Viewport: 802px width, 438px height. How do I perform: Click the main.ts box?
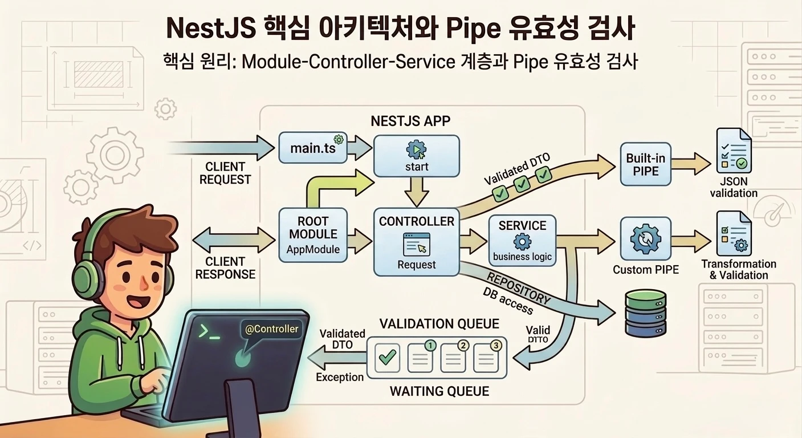(x=313, y=148)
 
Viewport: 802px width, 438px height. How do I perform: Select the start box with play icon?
(x=416, y=156)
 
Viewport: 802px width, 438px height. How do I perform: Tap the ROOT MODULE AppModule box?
(x=312, y=234)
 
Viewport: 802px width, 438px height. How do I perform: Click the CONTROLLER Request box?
(x=416, y=242)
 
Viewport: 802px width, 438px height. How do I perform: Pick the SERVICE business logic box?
(x=522, y=240)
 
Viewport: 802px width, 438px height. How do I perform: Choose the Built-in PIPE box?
(x=645, y=164)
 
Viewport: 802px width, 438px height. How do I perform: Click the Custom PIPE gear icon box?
(x=645, y=240)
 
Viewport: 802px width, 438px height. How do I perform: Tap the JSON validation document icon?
(x=733, y=152)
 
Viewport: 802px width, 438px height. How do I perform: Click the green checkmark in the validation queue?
(x=388, y=358)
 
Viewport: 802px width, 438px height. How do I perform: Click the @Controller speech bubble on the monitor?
(x=271, y=330)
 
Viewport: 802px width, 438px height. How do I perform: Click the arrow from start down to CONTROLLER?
(x=416, y=192)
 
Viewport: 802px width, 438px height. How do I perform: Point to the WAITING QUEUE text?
(x=439, y=391)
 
